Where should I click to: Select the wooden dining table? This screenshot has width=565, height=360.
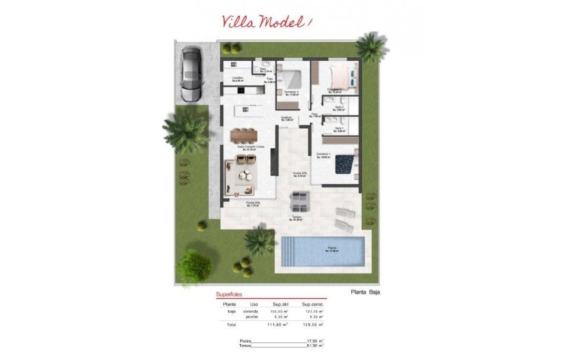pos(243,136)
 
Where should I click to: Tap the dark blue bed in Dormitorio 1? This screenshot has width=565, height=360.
pos(345,163)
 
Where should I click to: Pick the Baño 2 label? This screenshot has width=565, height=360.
pos(340,107)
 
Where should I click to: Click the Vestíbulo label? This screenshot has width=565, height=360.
pos(287,118)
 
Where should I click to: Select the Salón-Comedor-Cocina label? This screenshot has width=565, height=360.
pos(250,147)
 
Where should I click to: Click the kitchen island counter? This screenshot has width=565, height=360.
pos(248,111)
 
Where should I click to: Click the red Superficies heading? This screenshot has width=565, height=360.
pos(229,295)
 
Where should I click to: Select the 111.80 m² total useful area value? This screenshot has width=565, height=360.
pos(277,325)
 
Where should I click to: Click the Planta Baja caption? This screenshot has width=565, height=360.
pos(365,292)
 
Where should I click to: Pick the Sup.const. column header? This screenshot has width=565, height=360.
pos(312,304)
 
